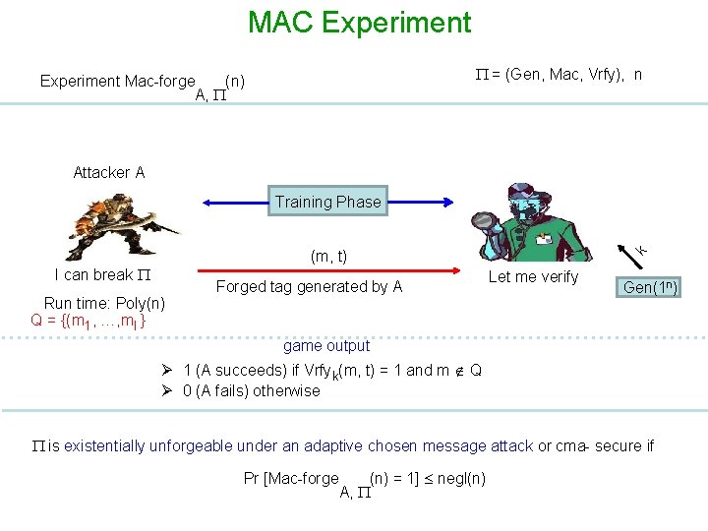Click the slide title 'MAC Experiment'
(x=359, y=22)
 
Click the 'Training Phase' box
(x=327, y=202)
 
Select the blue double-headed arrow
(x=236, y=203)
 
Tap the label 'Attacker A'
(x=108, y=173)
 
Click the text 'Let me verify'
(x=533, y=277)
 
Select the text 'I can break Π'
(x=101, y=274)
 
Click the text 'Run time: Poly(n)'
(x=104, y=303)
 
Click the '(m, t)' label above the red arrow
(x=327, y=257)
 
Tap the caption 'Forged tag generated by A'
(x=309, y=287)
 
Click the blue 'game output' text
(x=326, y=346)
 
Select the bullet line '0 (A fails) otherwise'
(x=251, y=390)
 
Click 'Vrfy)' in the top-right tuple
(x=600, y=74)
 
